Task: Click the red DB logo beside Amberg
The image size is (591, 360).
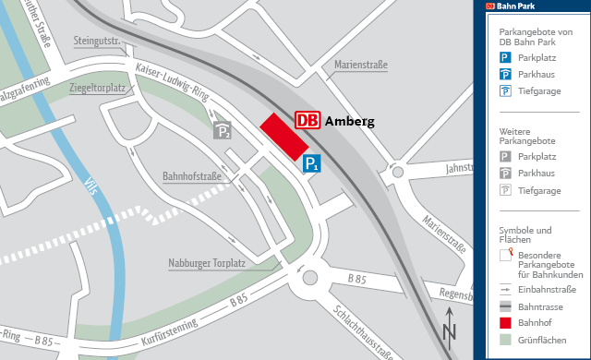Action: click(x=308, y=121)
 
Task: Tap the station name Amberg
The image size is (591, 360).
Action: click(x=349, y=121)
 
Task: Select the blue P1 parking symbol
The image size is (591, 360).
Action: click(x=313, y=163)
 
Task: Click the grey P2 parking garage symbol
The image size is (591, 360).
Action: click(x=223, y=130)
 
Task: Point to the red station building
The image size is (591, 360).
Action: click(x=283, y=137)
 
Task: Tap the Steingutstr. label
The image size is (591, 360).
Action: click(x=99, y=42)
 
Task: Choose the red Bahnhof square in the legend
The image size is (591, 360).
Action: click(x=505, y=323)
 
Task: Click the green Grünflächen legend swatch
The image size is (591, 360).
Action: click(x=505, y=341)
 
